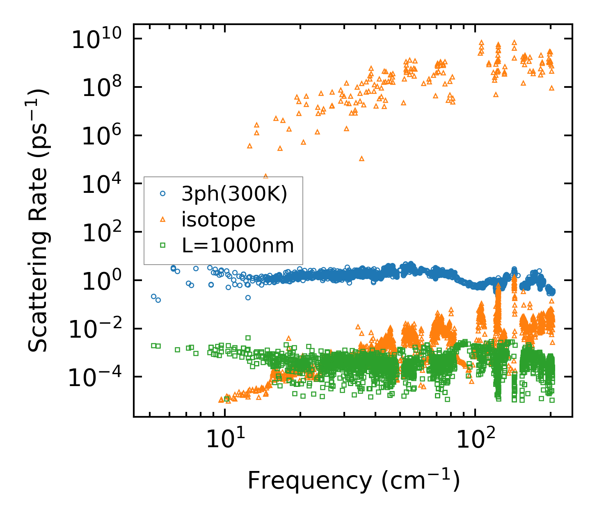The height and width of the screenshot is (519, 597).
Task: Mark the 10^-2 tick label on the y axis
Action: tap(98, 330)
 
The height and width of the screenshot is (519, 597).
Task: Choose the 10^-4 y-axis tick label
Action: tap(98, 378)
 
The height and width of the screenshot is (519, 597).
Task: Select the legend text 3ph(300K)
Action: tap(234, 194)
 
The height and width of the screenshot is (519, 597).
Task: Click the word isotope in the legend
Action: tap(218, 219)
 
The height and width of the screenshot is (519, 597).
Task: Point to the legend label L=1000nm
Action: tap(238, 245)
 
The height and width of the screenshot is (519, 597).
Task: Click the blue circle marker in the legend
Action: tap(162, 193)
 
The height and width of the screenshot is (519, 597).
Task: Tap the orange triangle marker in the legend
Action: tap(162, 219)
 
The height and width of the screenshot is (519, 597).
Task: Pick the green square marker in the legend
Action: tap(162, 245)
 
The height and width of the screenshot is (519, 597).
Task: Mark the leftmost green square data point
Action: tap(153, 345)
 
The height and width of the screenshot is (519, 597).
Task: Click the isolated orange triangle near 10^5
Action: tap(361, 158)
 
